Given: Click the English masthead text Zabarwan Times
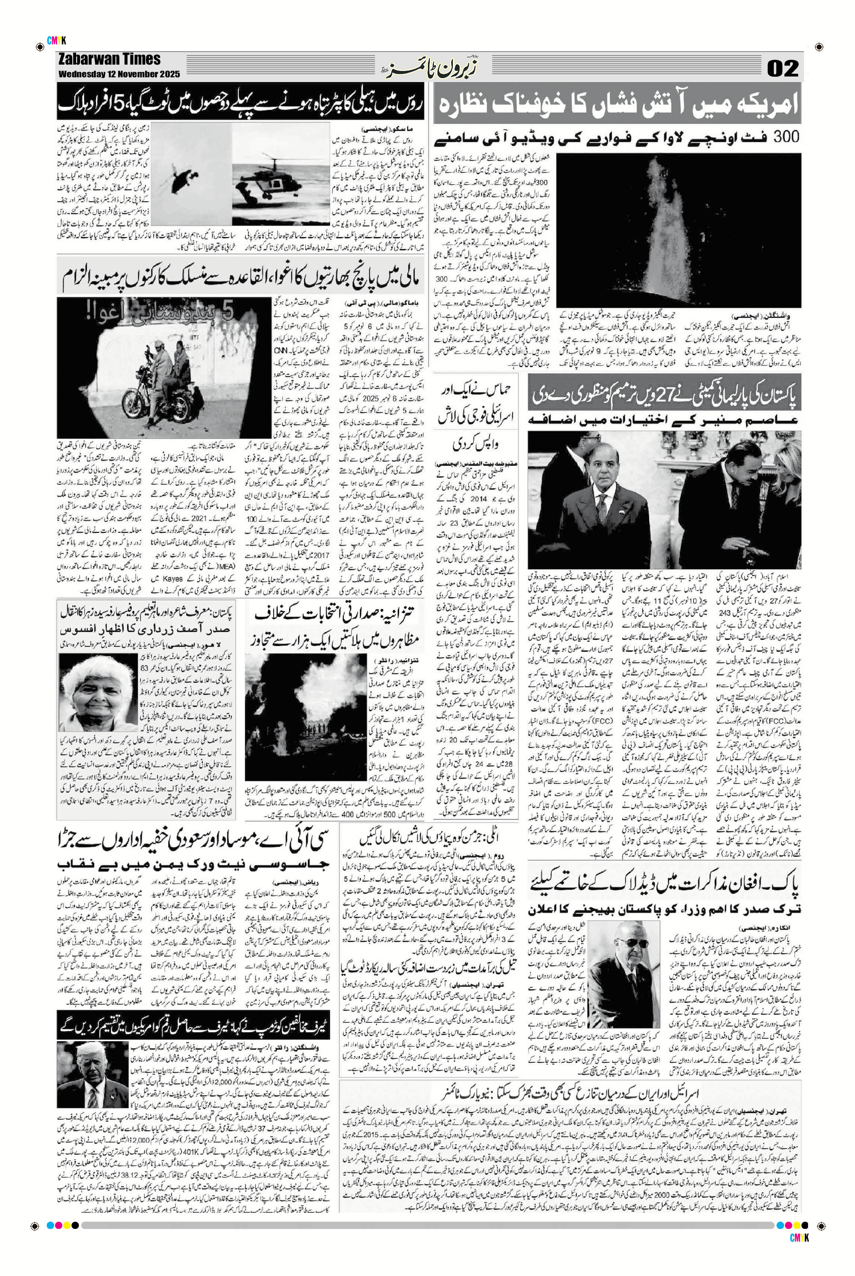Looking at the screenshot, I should click(109, 59).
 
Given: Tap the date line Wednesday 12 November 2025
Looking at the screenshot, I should click(119, 74).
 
